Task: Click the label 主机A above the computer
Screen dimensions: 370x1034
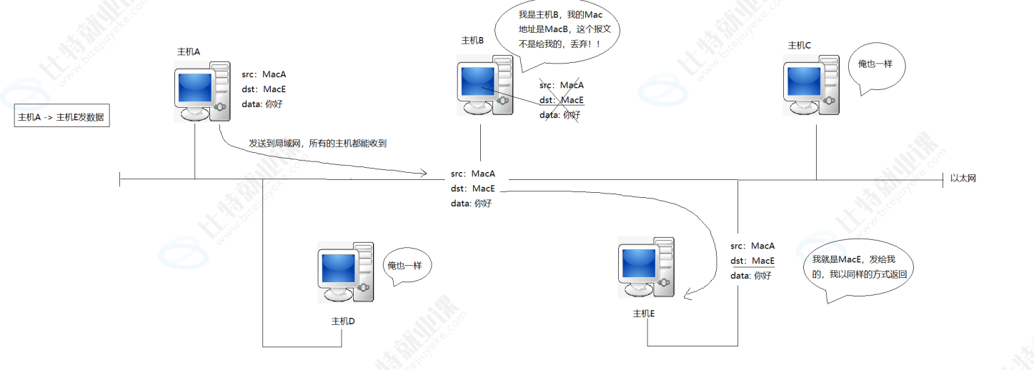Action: pyautogui.click(x=189, y=51)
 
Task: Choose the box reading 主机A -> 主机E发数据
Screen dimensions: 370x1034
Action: pyautogui.click(x=62, y=117)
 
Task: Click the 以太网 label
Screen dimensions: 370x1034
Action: pyautogui.click(x=963, y=179)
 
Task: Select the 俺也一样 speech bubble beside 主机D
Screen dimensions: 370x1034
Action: pyautogui.click(x=404, y=266)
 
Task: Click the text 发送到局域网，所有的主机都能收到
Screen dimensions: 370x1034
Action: pyautogui.click(x=317, y=144)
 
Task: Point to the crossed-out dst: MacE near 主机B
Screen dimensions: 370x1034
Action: pyautogui.click(x=562, y=100)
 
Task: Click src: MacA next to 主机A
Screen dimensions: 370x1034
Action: pyautogui.click(x=264, y=74)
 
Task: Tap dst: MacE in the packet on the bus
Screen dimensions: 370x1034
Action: pyautogui.click(x=473, y=189)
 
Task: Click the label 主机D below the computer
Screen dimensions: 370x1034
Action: pyautogui.click(x=343, y=321)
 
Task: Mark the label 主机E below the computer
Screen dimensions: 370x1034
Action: pyautogui.click(x=644, y=314)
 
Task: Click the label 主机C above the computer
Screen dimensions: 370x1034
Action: pyautogui.click(x=799, y=46)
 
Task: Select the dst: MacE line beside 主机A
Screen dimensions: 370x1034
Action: pyautogui.click(x=264, y=89)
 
